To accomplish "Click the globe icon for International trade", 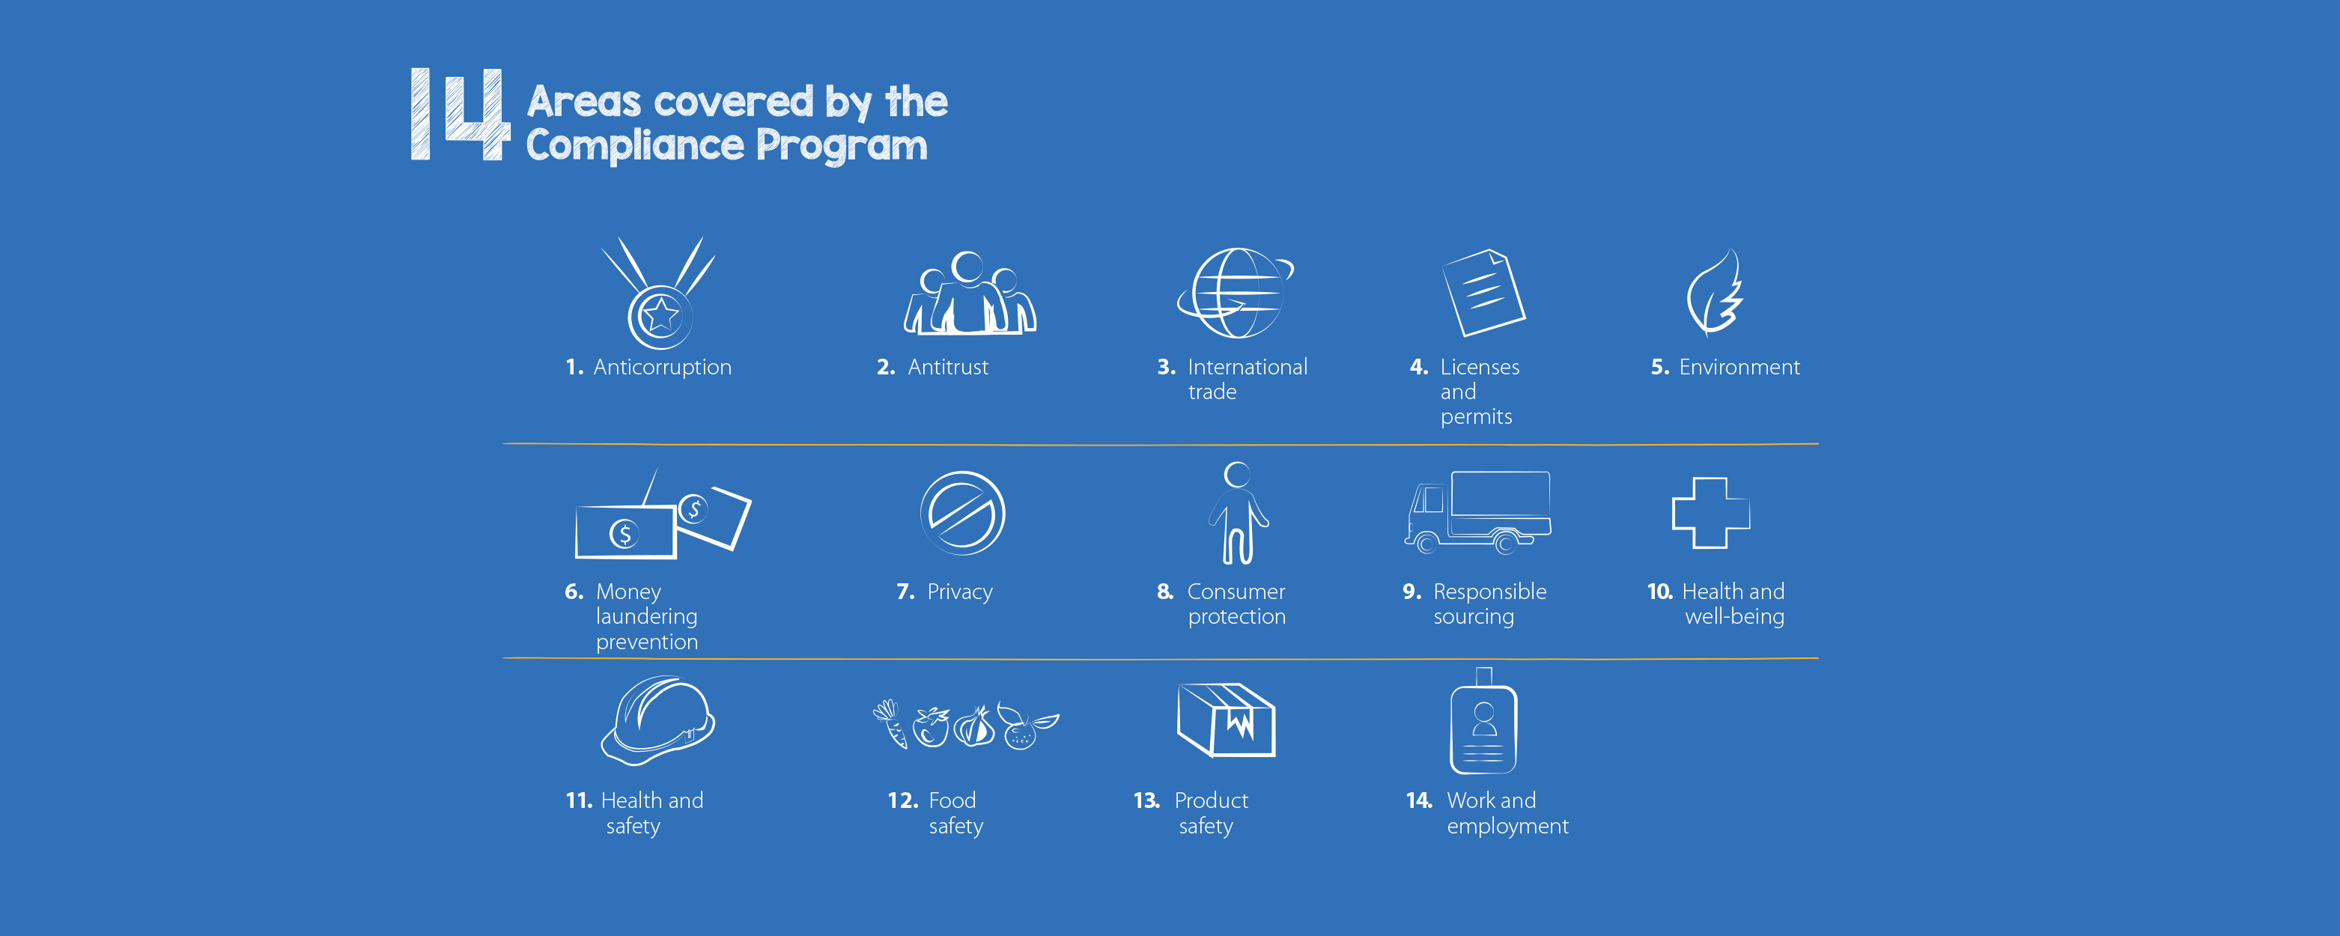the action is coord(1236,293).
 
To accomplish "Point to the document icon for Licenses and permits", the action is coord(1483,292).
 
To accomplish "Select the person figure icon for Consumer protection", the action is coord(1238,512).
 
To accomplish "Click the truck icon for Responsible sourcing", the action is coord(1478,512).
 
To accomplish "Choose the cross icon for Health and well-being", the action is coord(1710,512).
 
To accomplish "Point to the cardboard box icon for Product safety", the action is coord(1227,720).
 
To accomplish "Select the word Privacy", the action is coord(960,592).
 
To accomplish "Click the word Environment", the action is coord(1739,367).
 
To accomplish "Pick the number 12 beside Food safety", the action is coord(903,800).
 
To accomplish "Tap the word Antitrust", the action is coord(947,367).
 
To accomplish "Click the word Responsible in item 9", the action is coord(1490,592).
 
